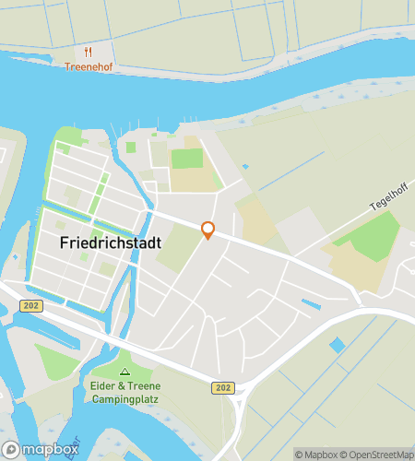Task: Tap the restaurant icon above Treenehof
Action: coord(89,52)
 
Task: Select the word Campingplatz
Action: coord(126,400)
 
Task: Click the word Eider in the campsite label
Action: coord(103,386)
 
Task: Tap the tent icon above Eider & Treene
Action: coord(126,372)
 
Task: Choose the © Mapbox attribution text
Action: coord(316,454)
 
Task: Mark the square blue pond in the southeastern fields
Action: coord(337,345)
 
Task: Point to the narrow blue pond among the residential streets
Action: coord(310,302)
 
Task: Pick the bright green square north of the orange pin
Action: coord(186,159)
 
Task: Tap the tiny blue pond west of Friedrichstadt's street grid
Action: coord(15,257)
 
